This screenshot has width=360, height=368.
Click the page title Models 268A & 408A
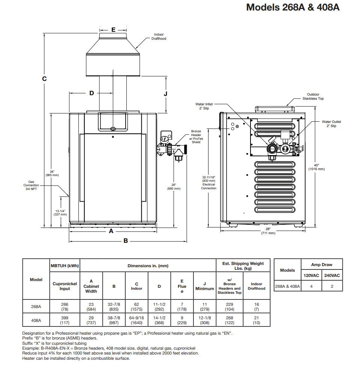pyautogui.click(x=292, y=7)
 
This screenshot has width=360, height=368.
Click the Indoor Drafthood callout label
pyautogui.click(x=159, y=36)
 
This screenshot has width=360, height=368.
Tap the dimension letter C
pyautogui.click(x=44, y=79)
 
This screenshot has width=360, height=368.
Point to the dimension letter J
pyautogui.click(x=166, y=94)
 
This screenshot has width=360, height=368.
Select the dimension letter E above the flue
pyautogui.click(x=113, y=29)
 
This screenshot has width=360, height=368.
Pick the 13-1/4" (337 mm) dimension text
pyautogui.click(x=58, y=212)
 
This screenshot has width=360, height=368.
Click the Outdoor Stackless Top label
pyautogui.click(x=313, y=96)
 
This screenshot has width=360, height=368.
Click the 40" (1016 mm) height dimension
pyautogui.click(x=316, y=167)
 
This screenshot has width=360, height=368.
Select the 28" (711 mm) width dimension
pyautogui.click(x=268, y=231)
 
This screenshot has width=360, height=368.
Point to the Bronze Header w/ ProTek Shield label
pyautogui.click(x=196, y=136)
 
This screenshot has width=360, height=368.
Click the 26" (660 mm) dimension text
pyautogui.click(x=174, y=186)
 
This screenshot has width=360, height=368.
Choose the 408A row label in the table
pyautogui.click(x=36, y=320)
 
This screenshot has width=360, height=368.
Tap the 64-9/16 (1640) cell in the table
pyautogui.click(x=136, y=320)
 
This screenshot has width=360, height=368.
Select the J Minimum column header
pyautogui.click(x=204, y=286)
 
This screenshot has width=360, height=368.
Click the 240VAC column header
pyautogui.click(x=332, y=275)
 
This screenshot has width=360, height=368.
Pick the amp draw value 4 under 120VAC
pyautogui.click(x=311, y=286)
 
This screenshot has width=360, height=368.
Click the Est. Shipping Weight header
pyautogui.click(x=243, y=266)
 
